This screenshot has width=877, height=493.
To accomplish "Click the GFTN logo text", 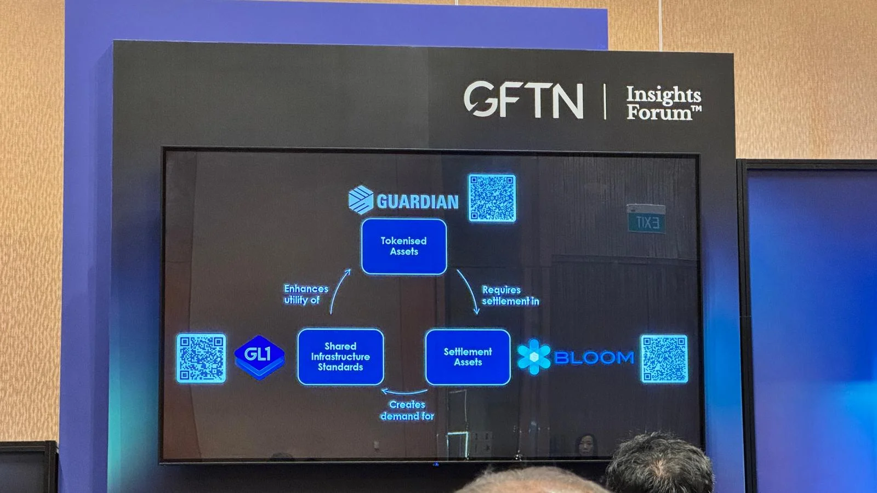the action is click(523, 100).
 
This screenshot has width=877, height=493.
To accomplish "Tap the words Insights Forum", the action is click(663, 103).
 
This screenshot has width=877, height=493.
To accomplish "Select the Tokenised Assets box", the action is click(404, 246).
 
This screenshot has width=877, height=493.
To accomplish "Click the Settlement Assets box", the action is click(468, 357).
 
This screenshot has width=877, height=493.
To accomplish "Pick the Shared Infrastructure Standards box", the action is click(340, 357).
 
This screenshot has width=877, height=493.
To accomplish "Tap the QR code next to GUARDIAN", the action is click(492, 198).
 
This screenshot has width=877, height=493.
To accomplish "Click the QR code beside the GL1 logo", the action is click(201, 358).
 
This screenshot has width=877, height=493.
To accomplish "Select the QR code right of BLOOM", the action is click(664, 358).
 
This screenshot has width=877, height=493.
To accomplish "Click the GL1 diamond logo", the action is click(259, 356).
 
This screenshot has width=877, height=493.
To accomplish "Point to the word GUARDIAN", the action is click(418, 202).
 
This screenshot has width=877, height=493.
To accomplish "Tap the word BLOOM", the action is click(594, 358).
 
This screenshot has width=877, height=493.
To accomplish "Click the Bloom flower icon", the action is click(533, 357).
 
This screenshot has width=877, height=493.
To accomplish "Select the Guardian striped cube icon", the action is click(361, 199).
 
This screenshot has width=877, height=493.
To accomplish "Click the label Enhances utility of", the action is click(306, 294).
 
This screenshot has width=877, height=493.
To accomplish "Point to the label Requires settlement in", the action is click(510, 295).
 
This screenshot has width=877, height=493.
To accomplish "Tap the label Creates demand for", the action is click(407, 410).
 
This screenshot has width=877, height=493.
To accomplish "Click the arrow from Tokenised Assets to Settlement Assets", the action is click(469, 290).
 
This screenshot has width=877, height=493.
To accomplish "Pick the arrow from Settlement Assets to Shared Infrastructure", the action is click(405, 392).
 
